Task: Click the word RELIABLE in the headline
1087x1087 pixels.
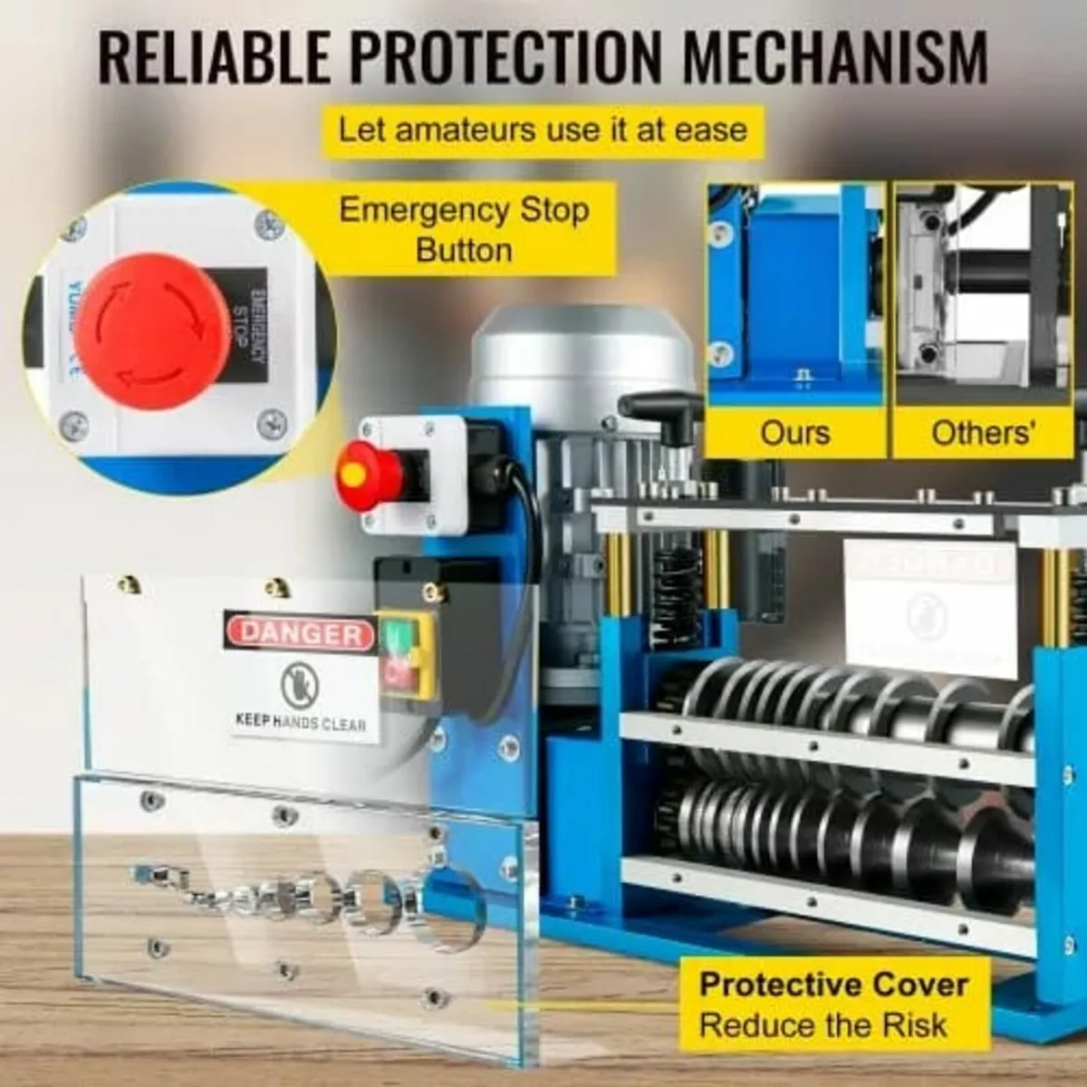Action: click(x=216, y=58)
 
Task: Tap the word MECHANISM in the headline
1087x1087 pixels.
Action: click(x=833, y=58)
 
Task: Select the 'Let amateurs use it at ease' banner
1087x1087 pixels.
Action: click(x=543, y=130)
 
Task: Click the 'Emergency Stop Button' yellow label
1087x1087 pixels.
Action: click(x=464, y=229)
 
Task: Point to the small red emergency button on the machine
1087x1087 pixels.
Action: click(x=368, y=473)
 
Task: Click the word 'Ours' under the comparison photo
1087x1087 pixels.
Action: click(x=794, y=433)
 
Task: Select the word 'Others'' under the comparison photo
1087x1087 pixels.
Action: click(x=982, y=433)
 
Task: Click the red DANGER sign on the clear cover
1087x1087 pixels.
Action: click(x=301, y=632)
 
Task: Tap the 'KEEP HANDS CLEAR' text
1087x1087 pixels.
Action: click(x=301, y=723)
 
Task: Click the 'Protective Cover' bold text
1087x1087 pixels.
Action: click(x=833, y=985)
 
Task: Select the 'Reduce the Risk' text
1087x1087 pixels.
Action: click(x=822, y=1026)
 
